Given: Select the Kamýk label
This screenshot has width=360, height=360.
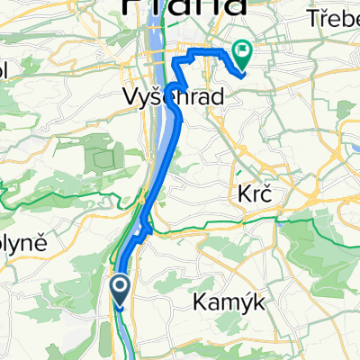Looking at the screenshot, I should [229, 304].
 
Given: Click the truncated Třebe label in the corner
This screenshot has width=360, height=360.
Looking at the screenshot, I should [333, 18].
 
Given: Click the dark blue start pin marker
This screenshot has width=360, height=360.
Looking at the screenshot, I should [121, 289].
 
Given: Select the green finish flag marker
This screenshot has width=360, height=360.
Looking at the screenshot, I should [242, 53].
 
